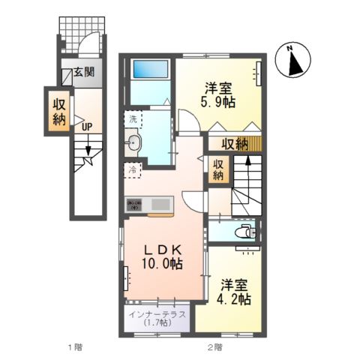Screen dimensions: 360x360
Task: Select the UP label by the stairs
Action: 87,127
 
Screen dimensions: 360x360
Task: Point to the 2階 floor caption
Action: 214,346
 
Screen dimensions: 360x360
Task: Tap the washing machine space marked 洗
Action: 133,118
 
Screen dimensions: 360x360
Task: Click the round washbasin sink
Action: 135,142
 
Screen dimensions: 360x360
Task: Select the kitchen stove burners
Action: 135,202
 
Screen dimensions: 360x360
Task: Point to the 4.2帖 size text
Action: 235,298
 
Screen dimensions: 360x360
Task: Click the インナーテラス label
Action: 157,314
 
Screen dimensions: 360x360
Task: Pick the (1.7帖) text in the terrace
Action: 157,324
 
